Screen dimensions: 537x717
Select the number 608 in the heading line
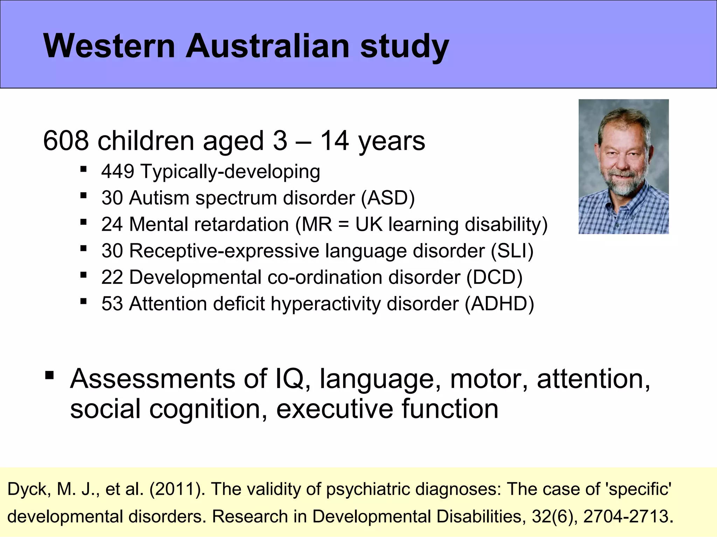tap(66, 141)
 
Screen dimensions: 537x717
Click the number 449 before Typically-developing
tap(118, 171)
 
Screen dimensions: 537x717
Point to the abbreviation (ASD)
tap(388, 198)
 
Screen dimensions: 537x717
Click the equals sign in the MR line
tap(344, 225)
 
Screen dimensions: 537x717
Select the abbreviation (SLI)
tap(512, 251)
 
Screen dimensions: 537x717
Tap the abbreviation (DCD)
tap(494, 277)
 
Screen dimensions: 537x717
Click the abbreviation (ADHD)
tap(499, 303)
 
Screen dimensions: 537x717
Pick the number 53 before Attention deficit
tap(112, 303)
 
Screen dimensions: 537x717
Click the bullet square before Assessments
tap(49, 376)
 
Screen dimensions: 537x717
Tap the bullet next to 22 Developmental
tap(83, 274)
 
